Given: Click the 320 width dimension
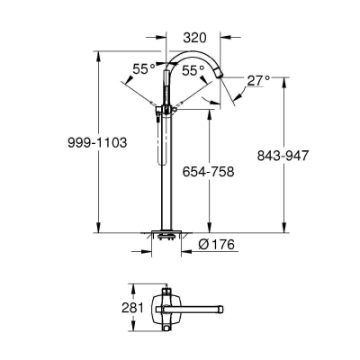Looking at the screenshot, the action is tap(195, 38).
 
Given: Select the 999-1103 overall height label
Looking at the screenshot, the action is tap(97, 142).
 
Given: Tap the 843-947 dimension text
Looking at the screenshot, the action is tap(283, 156).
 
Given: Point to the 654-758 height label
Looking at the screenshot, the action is tap(208, 172).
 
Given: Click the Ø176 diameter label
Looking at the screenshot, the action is tap(216, 245).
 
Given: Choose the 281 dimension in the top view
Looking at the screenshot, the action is tap(132, 308).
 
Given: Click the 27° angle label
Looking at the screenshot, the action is tap(258, 81).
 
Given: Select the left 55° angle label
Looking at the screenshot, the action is tap(144, 69).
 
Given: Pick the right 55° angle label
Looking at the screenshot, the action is tap(193, 71).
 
